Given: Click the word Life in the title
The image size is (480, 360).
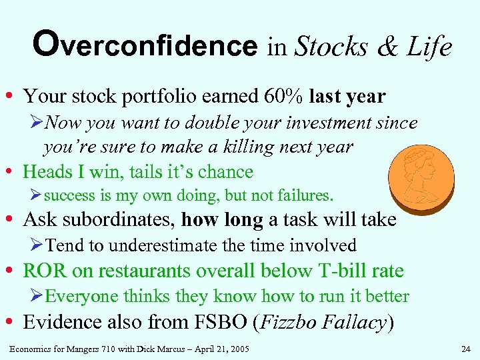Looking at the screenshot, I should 429,47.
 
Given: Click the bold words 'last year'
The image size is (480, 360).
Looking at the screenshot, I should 347,96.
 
